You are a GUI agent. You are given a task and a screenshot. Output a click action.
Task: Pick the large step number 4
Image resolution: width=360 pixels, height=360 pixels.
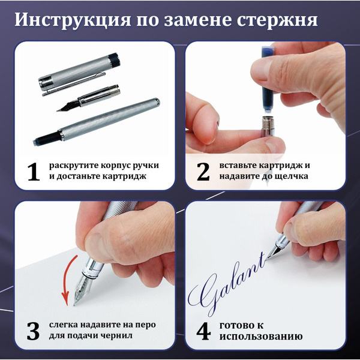click(x=203, y=331)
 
